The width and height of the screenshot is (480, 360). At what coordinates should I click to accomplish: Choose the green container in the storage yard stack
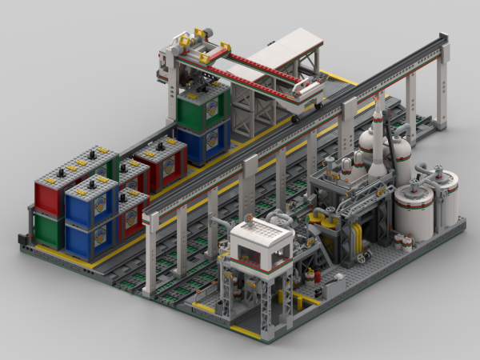click(x=48, y=229)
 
